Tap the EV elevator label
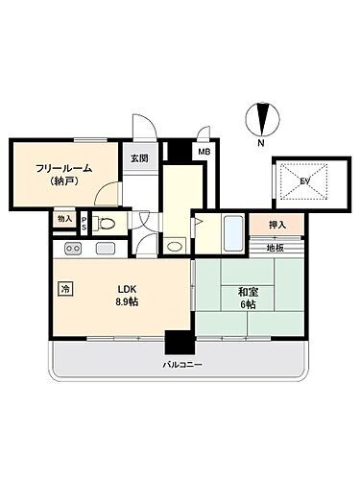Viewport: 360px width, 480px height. coord(304,179)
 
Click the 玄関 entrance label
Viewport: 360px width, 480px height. coord(138,158)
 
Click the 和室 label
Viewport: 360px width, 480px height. coord(248,289)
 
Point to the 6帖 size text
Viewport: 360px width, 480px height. coord(248,304)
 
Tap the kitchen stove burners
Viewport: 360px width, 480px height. coord(73,250)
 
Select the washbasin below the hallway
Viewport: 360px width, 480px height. coord(173,245)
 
